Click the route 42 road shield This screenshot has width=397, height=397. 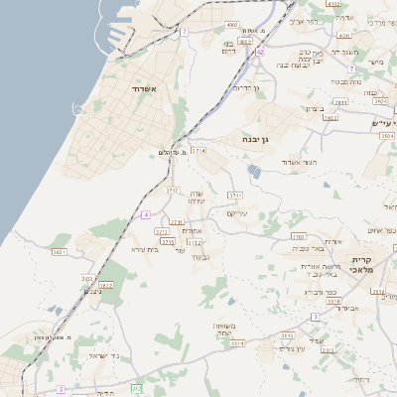coord(260,53)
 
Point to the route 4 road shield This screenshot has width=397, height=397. coord(145,214)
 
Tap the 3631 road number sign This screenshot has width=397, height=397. coord(60,252)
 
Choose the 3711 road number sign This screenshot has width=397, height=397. coord(235,195)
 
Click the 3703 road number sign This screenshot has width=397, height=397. coord(298,237)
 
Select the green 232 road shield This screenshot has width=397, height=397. coord(137,387)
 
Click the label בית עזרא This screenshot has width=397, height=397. coord(145,249)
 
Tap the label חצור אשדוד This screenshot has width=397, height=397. coord(297,162)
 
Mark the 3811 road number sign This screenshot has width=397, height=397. coord(340,102)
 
